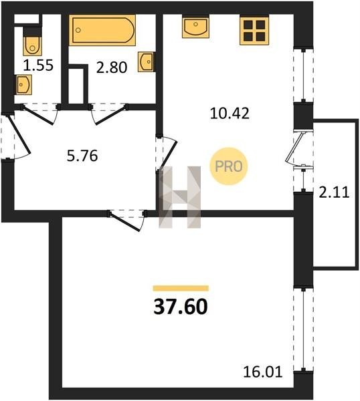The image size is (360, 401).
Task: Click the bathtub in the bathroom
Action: (x=102, y=30)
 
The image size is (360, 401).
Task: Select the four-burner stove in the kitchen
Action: (x=254, y=30)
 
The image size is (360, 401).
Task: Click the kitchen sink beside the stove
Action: (x=195, y=26)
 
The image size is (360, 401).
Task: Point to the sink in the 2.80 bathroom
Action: (x=146, y=61)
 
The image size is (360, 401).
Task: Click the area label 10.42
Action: (x=230, y=114)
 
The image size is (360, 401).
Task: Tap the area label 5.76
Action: (x=82, y=156)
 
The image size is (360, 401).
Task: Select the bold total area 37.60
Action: (x=181, y=307)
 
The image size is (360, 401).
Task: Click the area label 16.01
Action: (x=263, y=372)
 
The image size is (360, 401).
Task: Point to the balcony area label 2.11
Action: (x=334, y=192)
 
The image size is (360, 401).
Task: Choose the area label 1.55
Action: (x=38, y=65)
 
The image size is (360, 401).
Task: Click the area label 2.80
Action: (x=112, y=68)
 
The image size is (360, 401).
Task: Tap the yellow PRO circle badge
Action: (x=229, y=166)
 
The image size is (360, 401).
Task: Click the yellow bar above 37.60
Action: (x=181, y=288)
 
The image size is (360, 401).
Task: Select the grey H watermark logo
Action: (x=180, y=197)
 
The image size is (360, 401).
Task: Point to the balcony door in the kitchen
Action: (x=299, y=148)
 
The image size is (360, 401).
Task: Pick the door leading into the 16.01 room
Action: (x=126, y=219)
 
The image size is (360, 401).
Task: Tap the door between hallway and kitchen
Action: (x=166, y=152)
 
